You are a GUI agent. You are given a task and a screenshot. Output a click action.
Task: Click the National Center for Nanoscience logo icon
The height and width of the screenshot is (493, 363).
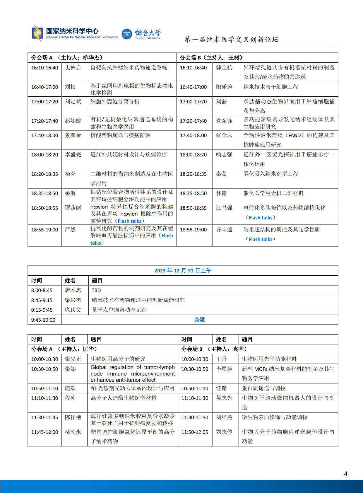click(37, 33)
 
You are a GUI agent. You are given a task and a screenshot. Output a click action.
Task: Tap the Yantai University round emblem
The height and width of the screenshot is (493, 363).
click(127, 34)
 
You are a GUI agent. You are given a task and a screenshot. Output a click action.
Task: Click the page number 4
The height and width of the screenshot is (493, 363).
click(346, 474)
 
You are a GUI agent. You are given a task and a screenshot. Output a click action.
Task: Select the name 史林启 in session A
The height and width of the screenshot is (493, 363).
click(73, 68)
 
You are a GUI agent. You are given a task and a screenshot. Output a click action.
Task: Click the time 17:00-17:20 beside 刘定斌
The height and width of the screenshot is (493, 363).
click(44, 102)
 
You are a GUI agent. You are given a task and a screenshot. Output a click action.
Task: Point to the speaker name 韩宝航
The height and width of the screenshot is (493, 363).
click(224, 68)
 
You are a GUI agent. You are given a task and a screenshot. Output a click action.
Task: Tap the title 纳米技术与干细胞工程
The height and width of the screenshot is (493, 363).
click(270, 87)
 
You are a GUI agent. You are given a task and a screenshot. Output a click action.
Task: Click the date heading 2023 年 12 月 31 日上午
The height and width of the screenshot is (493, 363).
click(183, 271)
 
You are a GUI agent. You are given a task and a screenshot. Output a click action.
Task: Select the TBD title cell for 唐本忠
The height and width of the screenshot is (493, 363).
click(96, 290)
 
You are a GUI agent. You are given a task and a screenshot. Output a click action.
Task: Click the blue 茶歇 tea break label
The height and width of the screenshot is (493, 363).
click(200, 320)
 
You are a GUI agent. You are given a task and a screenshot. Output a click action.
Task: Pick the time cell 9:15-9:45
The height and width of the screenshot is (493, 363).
click(42, 310)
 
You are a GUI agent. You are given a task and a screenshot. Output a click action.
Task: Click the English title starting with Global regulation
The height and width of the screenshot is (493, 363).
click(132, 373)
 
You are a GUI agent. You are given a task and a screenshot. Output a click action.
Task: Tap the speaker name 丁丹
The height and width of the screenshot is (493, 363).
click(221, 359)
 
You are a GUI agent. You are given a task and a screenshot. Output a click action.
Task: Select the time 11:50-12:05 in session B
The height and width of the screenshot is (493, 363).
click(195, 432)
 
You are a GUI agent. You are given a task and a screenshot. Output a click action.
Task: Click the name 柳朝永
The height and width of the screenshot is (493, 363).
click(73, 432)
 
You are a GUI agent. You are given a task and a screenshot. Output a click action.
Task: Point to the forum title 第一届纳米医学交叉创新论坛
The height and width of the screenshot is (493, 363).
click(232, 40)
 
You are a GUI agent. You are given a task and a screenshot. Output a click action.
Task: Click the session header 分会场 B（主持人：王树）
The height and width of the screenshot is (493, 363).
click(211, 58)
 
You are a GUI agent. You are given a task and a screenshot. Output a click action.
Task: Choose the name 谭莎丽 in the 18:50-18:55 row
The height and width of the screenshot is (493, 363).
click(73, 208)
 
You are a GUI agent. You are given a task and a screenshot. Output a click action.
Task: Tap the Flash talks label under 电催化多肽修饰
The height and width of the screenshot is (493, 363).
click(261, 218)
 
